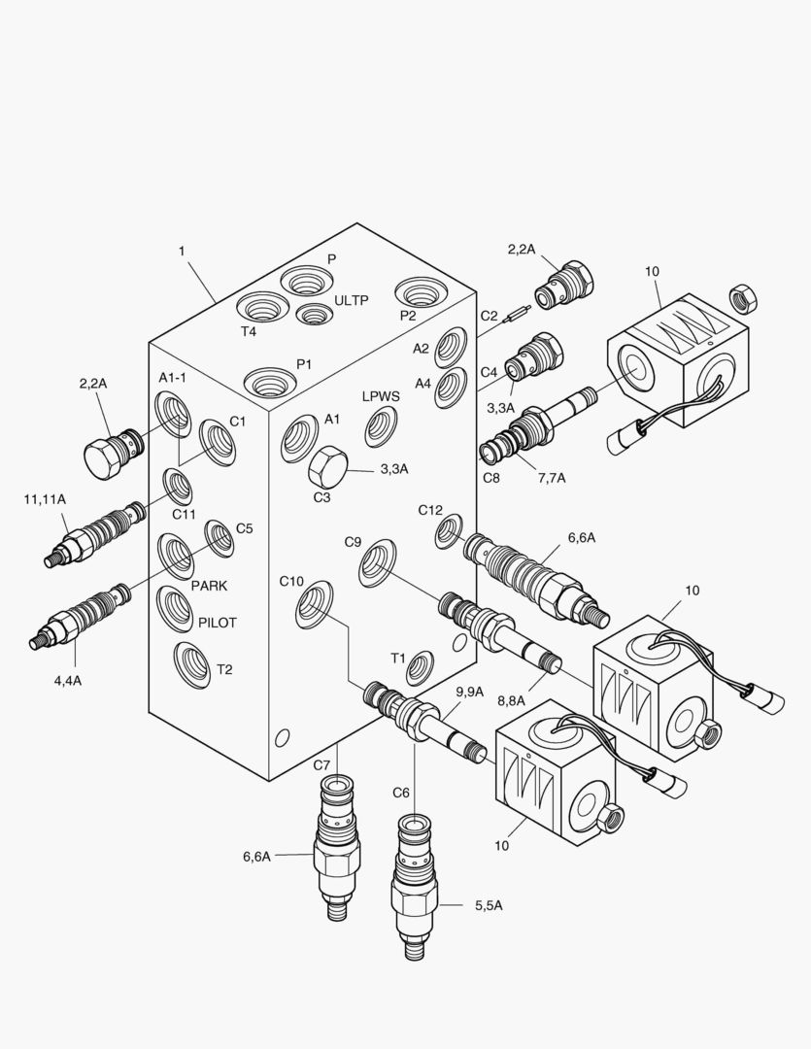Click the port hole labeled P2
tap(420, 291)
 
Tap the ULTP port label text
tap(352, 300)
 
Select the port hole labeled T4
tap(263, 310)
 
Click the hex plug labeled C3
tap(327, 466)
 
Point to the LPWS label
tap(381, 396)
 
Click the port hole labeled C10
tap(316, 603)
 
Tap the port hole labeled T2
tap(191, 665)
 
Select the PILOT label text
tap(218, 623)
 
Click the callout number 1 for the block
tap(182, 251)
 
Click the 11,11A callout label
tap(45, 499)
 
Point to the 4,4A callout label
tap(67, 680)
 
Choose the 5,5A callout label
tap(489, 905)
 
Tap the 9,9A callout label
tap(470, 691)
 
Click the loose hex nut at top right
tap(742, 297)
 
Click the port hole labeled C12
tap(449, 530)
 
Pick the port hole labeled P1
tap(267, 381)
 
